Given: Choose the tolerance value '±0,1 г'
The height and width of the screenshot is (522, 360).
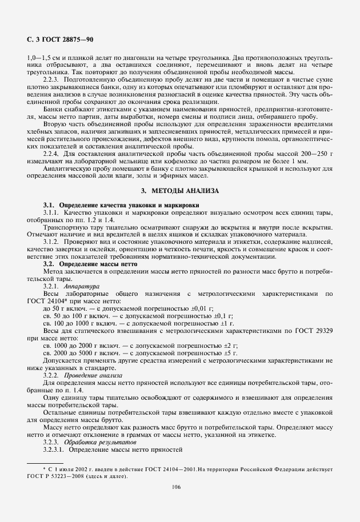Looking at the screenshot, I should (x=217, y=315).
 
